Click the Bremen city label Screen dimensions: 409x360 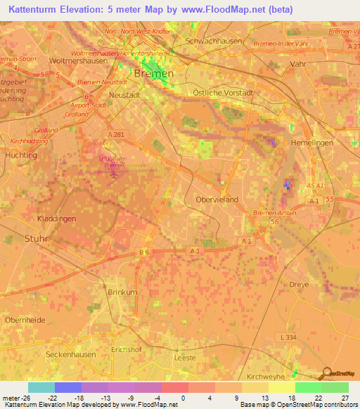pos(154,74)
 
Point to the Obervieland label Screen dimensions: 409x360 pos(217,200)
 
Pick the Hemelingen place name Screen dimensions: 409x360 pos(309,143)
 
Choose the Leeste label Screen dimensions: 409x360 pos(186,357)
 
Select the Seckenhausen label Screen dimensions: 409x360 pos(70,355)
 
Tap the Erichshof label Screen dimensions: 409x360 pos(127,349)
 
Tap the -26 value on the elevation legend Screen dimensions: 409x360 pos(23,397)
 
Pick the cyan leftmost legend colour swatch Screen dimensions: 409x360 pos(41,387)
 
